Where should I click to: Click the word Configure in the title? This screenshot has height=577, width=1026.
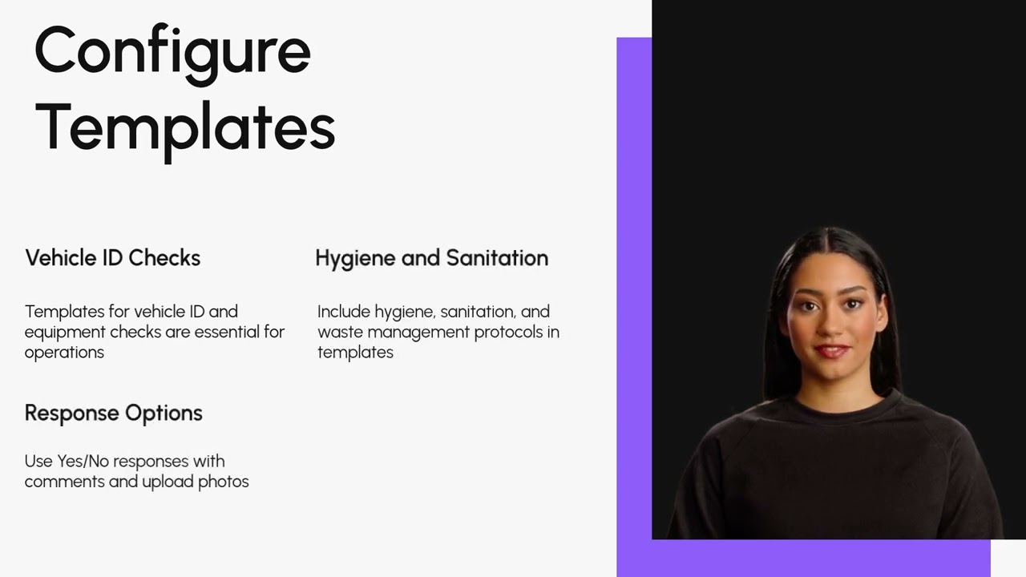[x=172, y=54]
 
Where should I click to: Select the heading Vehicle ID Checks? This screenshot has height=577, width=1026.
[x=113, y=258]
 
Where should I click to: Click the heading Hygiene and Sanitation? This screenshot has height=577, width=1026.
[x=432, y=259]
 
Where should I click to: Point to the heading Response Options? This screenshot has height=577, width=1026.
[x=114, y=414]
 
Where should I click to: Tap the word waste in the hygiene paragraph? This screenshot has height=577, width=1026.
[x=341, y=333]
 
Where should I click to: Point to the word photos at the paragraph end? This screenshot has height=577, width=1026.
[x=224, y=482]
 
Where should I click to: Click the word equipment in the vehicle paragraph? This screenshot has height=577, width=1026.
[x=65, y=333]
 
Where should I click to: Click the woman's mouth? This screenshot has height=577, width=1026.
[x=832, y=352]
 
